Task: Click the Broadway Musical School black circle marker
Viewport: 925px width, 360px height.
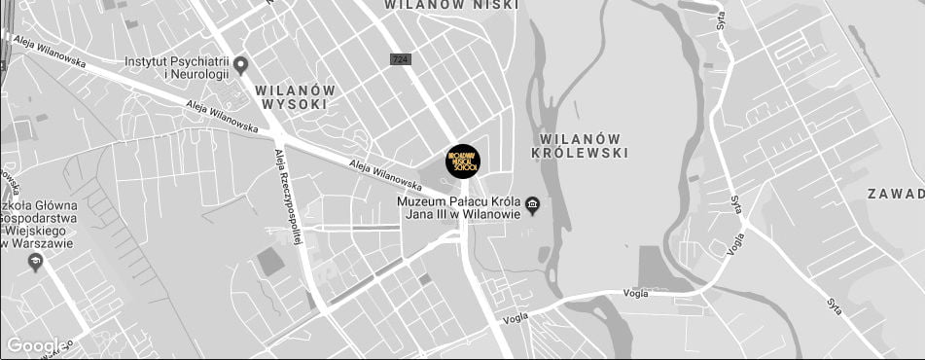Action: pyautogui.click(x=463, y=162)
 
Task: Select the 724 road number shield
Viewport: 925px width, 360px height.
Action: pyautogui.click(x=400, y=59)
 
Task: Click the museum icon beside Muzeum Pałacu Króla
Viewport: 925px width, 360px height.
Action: pyautogui.click(x=532, y=205)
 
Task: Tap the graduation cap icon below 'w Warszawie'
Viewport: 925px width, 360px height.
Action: pyautogui.click(x=36, y=263)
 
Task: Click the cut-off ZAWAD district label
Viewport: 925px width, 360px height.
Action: pyautogui.click(x=896, y=194)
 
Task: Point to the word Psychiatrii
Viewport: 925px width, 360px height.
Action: pyautogui.click(x=199, y=60)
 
